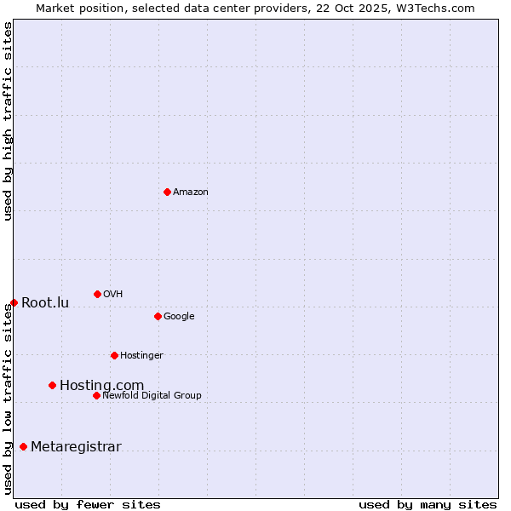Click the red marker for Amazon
167,192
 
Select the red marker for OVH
97,294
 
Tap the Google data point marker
158,316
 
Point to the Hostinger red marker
114,355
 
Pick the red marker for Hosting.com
52,385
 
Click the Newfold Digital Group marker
96,395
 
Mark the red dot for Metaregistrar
23,446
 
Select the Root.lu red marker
14,302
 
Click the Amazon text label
191,192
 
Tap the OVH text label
113,294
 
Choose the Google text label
179,316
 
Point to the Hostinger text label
141,355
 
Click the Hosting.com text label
101,386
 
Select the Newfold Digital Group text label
152,395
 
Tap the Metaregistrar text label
76,447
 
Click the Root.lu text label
45,302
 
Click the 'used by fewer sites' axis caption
88,504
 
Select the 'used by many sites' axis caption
428,504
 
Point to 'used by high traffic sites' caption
8,121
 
